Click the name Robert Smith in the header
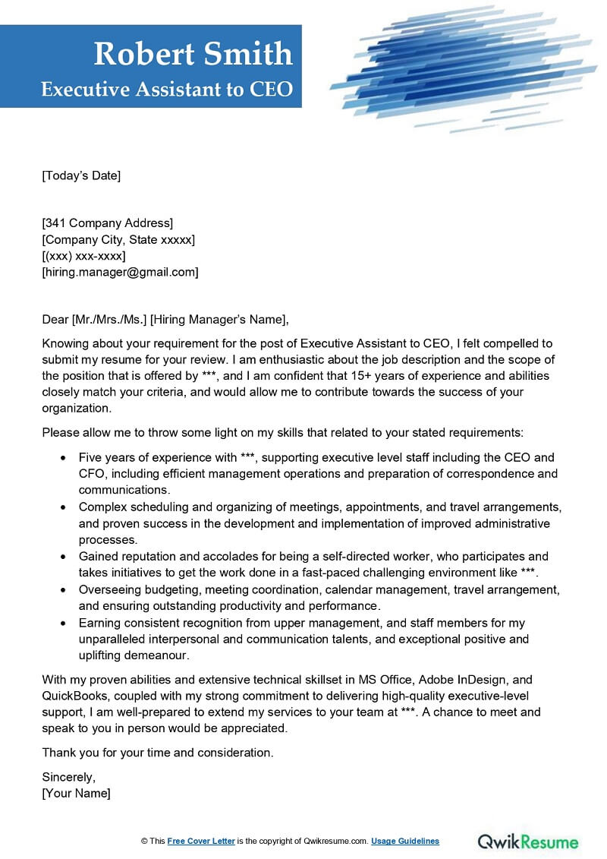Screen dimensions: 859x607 [x=193, y=55]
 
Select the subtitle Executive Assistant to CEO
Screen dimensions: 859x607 [x=167, y=89]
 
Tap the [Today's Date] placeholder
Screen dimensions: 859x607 [x=81, y=175]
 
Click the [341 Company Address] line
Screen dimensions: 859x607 [x=107, y=223]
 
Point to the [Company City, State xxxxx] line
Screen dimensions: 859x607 [x=118, y=239]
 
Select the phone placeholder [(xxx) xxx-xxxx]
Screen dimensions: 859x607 [x=83, y=255]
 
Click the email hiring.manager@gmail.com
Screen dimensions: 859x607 [x=120, y=271]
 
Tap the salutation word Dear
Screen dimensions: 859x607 [x=55, y=319]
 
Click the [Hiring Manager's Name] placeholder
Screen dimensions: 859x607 [x=220, y=319]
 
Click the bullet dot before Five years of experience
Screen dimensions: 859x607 [x=61, y=458]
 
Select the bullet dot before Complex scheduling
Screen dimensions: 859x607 [x=61, y=507]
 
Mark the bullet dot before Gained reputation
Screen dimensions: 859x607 [x=61, y=557]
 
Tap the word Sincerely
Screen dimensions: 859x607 [x=69, y=777]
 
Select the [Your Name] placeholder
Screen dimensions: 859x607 [x=76, y=793]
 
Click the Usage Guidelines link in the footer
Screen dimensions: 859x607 [x=405, y=842]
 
